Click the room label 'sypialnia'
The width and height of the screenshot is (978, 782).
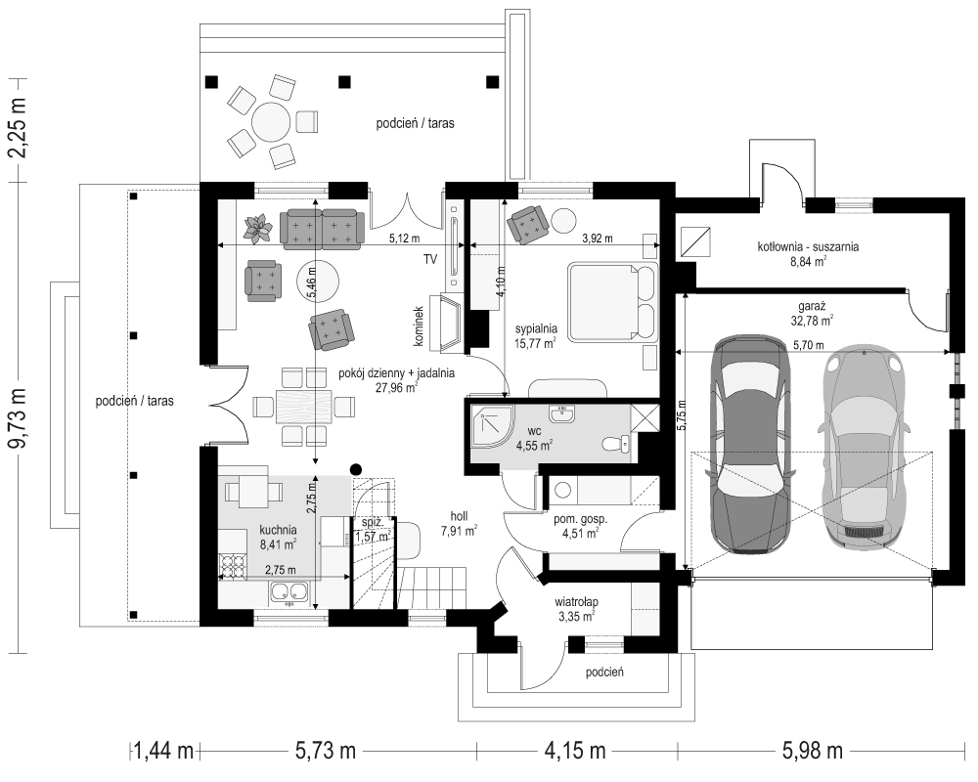coord(536,328)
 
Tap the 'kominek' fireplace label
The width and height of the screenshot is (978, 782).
coord(419,326)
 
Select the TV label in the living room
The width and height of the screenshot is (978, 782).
coord(430,259)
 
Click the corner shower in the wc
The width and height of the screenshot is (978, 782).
coord(492,425)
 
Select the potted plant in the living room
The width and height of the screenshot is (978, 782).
coord(257,228)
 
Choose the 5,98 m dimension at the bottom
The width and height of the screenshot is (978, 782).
coord(813,750)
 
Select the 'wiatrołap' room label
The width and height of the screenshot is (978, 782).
coord(576,602)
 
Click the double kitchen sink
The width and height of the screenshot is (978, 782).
coord(289,591)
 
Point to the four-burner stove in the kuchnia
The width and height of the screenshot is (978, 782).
coord(232,564)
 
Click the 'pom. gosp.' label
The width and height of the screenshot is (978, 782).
coord(580,519)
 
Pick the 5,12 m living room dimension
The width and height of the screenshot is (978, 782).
coord(405,238)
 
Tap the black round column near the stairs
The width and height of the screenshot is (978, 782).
coord(356,469)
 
